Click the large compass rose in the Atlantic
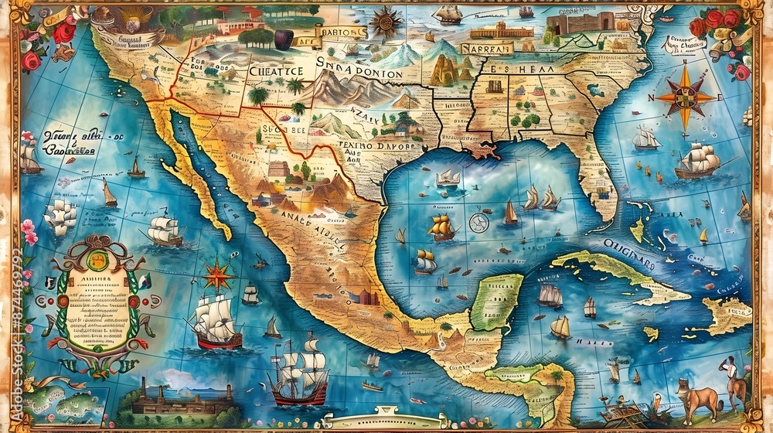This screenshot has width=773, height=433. pyautogui.click(x=685, y=96)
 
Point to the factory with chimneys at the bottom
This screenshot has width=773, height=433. pyautogui.click(x=182, y=397)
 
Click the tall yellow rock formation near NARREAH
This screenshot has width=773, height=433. pyautogui.click(x=444, y=70)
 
